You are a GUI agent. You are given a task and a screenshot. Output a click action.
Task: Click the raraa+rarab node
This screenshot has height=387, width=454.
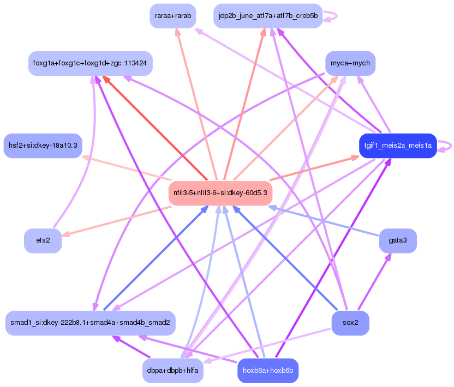click(x=173, y=16)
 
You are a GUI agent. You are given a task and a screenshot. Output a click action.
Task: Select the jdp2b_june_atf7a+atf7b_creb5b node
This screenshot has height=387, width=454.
click(x=268, y=16)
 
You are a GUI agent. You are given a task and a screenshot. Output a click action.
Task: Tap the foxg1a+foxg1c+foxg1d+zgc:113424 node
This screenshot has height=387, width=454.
click(x=90, y=63)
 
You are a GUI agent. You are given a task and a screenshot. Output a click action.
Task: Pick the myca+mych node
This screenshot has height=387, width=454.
click(x=350, y=63)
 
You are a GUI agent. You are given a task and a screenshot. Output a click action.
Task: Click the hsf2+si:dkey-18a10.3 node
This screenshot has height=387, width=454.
click(x=43, y=146)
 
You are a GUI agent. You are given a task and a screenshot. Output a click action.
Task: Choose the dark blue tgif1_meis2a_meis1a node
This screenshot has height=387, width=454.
click(x=398, y=146)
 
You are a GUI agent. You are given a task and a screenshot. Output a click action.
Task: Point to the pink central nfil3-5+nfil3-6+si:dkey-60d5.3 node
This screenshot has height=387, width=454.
click(x=220, y=193)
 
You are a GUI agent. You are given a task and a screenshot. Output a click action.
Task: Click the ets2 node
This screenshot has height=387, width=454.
click(x=43, y=240)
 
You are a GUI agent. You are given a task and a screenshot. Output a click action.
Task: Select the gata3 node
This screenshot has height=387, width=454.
click(x=398, y=240)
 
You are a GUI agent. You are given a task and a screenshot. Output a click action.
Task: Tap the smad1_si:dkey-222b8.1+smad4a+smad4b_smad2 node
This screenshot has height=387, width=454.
click(x=90, y=323)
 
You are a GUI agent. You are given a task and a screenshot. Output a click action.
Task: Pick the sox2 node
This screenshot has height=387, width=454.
click(x=350, y=323)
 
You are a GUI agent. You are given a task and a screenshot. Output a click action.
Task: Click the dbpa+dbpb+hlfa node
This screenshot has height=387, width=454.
click(x=173, y=371)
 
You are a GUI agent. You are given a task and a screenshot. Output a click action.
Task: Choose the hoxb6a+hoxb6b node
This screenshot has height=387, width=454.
click(x=268, y=371)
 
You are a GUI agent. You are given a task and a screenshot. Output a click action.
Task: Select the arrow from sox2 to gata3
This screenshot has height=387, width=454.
click(x=374, y=281)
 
